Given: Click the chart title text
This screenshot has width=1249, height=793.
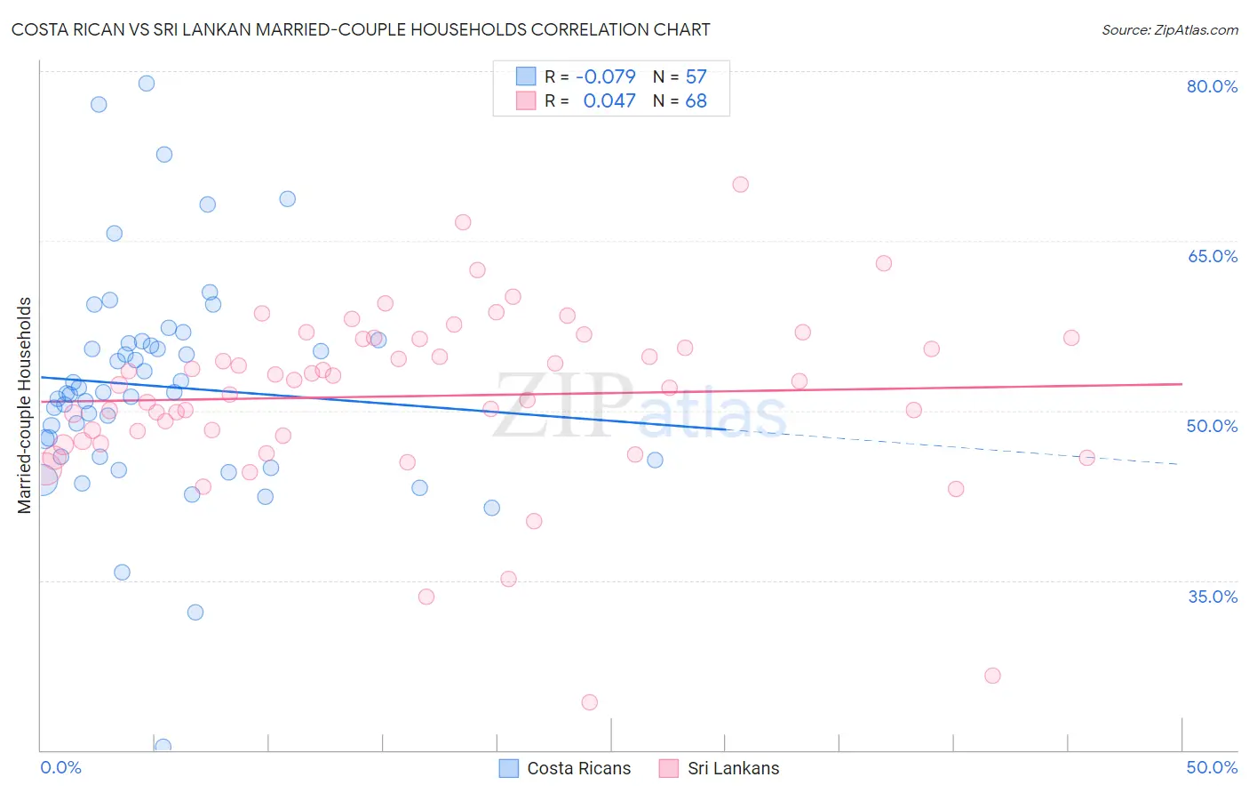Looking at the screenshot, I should coord(361,29).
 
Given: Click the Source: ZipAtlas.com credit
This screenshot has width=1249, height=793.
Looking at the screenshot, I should coord(1169,29).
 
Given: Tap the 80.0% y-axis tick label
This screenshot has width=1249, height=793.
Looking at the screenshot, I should coord(1212,86).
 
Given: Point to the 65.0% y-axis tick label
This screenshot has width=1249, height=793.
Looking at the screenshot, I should coord(1212,256).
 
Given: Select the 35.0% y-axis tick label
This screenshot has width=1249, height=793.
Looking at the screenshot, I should coord(1212,597).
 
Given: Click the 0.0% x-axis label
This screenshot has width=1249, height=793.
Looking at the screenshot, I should coord(60,767).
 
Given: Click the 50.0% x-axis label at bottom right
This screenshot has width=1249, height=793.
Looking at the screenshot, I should coord(1212,767).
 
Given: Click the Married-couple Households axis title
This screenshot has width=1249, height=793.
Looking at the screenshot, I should coord(25,405).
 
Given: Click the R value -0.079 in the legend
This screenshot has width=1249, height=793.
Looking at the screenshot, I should coord(606,76).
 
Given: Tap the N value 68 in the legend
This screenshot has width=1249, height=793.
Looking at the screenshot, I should coord(696,101).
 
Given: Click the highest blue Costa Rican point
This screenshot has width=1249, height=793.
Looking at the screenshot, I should coord(147,84).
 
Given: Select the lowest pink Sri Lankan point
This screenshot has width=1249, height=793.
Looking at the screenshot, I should coord(590,702).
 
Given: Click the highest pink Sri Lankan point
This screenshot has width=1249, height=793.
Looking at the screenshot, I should coord(741,185).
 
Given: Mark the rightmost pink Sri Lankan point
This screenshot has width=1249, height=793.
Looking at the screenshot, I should coord(1086,458).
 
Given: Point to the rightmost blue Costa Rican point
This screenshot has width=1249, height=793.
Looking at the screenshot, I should coord(655,461).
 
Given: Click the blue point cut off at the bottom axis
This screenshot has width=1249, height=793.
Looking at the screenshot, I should coord(163,746).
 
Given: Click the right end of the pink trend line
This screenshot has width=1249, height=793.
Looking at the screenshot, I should coord(1181,383).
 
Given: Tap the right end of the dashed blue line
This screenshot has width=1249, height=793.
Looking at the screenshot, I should coord(1178,464).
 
